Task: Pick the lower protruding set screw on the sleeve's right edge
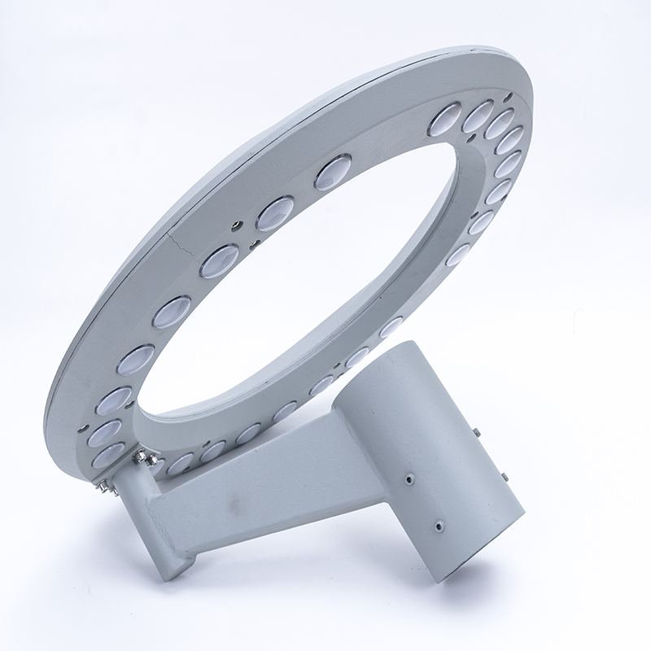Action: coord(505,477)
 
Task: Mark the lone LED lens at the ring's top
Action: coord(332,173)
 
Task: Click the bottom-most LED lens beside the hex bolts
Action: coord(107,457)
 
